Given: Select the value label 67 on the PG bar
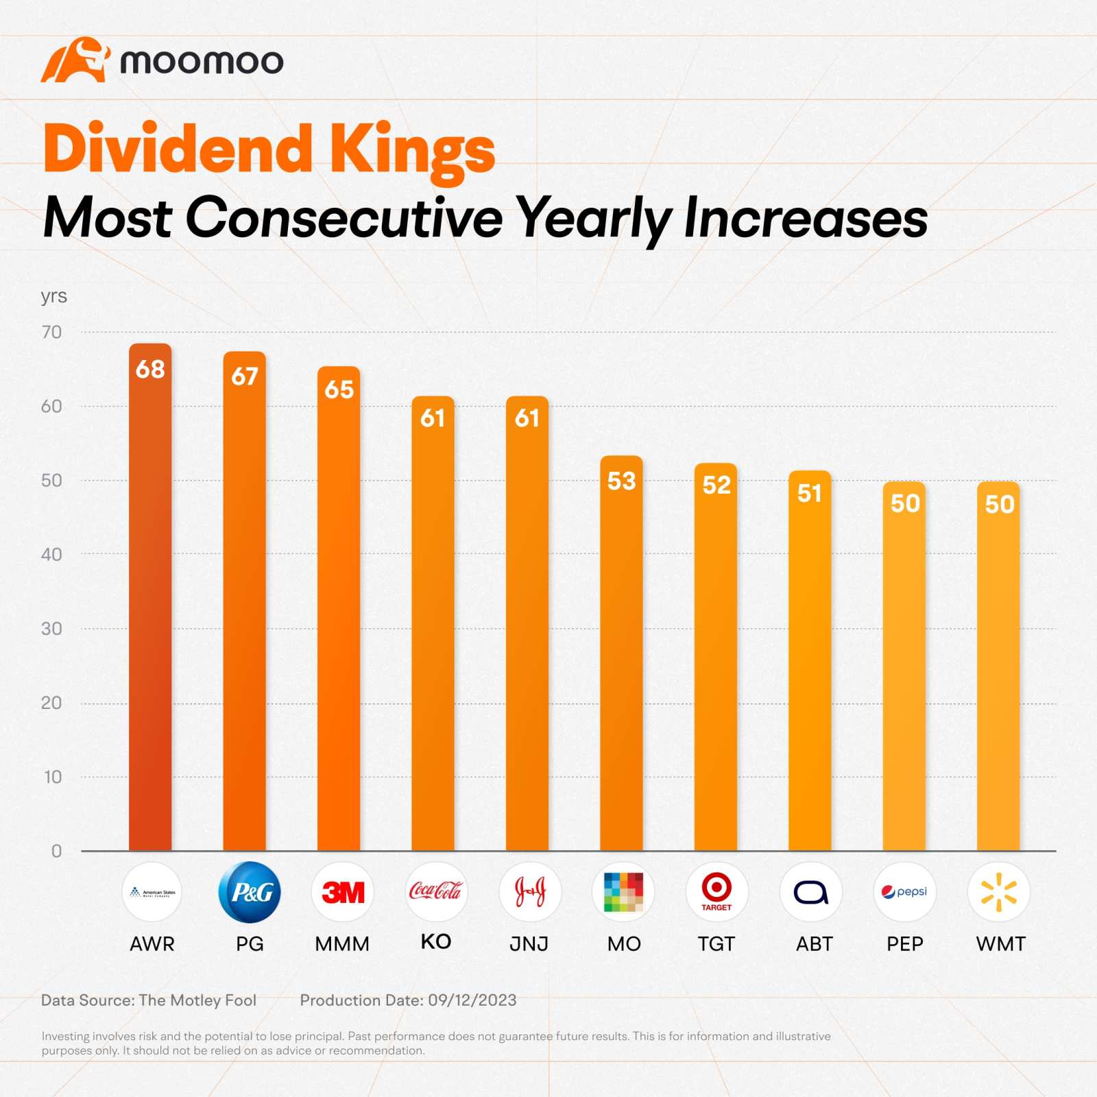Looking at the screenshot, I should point(245,376).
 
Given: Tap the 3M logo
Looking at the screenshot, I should point(343,892).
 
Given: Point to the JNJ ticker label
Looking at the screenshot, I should point(529,944).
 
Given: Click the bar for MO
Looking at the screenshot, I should point(621,651).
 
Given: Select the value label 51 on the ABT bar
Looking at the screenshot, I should point(810,493).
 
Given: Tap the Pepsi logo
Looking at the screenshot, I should point(904,891).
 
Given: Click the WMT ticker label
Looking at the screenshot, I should point(1000,944).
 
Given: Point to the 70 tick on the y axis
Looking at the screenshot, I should point(51,333).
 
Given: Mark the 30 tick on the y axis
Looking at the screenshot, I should point(51,629).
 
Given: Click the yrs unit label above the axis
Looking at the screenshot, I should point(53,296).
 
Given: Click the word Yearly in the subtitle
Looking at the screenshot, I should point(594,218).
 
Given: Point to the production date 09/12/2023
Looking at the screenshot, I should point(472,1000).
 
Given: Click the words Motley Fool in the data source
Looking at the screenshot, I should point(213,1000).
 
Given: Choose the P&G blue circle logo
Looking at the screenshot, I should point(250,892).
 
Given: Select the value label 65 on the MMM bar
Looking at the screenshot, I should point(339,389).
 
